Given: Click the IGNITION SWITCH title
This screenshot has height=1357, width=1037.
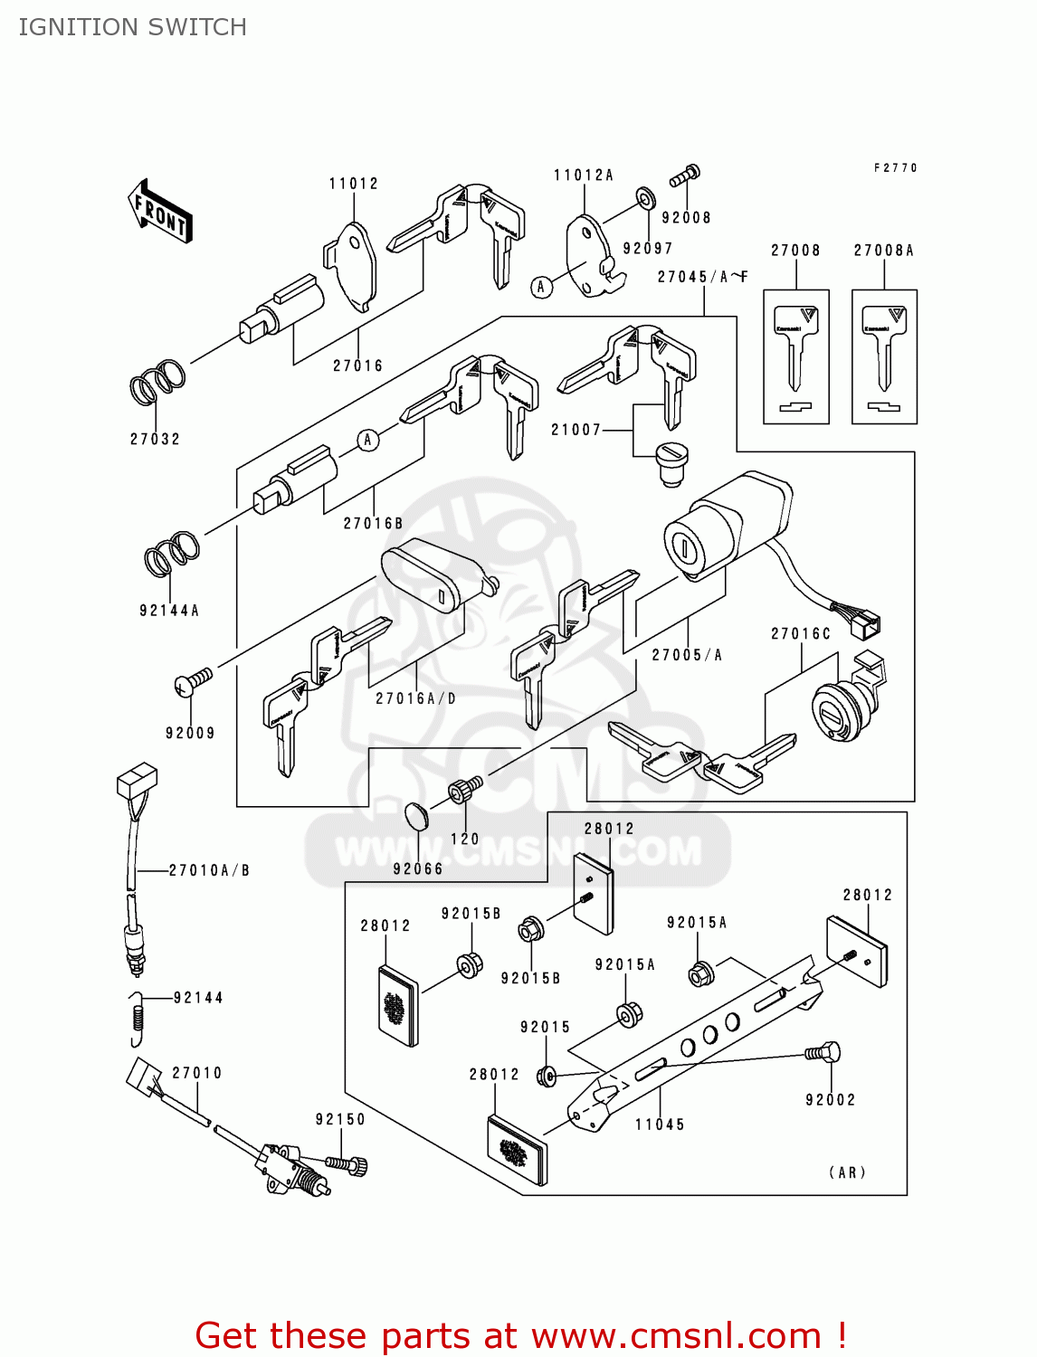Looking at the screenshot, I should tap(132, 27).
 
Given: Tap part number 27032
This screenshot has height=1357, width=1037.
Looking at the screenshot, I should tap(155, 440).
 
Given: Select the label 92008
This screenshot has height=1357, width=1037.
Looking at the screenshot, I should tap(686, 218).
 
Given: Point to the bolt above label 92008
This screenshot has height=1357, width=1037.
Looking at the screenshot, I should tap(685, 175).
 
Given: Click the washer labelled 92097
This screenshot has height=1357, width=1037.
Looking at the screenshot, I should tap(644, 196).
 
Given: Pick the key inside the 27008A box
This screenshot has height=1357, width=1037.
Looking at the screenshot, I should tap(884, 348).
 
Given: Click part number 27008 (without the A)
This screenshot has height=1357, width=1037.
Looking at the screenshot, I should tap(795, 251).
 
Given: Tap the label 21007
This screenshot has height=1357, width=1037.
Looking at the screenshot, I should tap(576, 430).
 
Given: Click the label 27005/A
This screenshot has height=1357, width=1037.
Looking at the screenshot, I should tap(687, 655).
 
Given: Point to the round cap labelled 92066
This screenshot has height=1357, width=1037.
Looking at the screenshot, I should tap(415, 815).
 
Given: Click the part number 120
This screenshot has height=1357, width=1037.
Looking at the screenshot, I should tap(465, 840).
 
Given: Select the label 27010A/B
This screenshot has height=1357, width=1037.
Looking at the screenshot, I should tap(209, 870).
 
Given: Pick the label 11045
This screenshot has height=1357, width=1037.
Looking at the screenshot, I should tap(660, 1125).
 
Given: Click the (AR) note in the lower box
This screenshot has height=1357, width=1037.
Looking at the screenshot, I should tap(848, 1172).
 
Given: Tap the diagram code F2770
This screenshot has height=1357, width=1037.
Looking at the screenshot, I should tap(896, 168).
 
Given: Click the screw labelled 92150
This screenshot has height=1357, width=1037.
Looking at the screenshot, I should tap(345, 1163).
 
